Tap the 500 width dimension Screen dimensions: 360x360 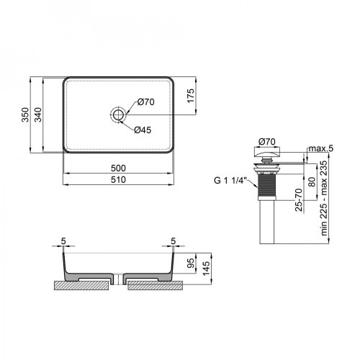[x=120, y=168]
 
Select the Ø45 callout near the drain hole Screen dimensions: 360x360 [x=142, y=130]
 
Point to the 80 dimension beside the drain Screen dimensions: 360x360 [x=311, y=180]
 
